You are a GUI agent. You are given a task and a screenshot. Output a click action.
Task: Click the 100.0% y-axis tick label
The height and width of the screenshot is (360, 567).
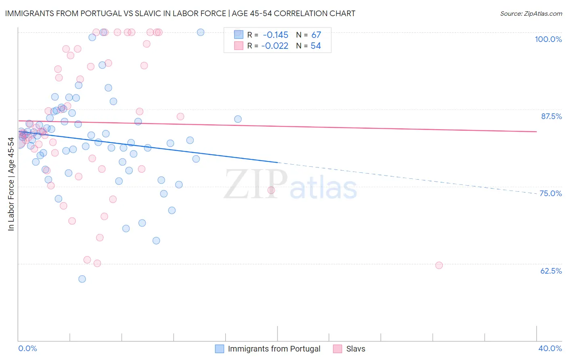pyautogui.click(x=548, y=39)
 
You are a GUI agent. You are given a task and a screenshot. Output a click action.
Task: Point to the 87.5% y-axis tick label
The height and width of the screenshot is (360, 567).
pyautogui.click(x=551, y=116)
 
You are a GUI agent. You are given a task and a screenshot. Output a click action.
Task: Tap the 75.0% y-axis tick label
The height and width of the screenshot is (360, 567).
pyautogui.click(x=550, y=193)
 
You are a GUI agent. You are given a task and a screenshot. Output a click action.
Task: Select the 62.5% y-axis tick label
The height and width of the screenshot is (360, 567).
pyautogui.click(x=551, y=271)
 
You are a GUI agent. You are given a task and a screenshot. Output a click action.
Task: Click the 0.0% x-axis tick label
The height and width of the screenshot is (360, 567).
pyautogui.click(x=27, y=348)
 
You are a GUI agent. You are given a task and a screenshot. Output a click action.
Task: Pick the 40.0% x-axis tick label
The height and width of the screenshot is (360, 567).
pyautogui.click(x=550, y=348)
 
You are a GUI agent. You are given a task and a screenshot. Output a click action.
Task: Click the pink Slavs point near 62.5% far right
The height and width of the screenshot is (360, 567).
pyautogui.click(x=439, y=265)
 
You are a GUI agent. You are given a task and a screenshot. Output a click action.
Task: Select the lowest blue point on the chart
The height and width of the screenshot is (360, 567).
pyautogui.click(x=82, y=279)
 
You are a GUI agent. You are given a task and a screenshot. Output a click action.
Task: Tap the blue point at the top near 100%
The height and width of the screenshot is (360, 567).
pyautogui.click(x=200, y=32)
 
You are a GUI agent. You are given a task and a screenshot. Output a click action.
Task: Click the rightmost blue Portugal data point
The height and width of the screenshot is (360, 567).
pyautogui.click(x=238, y=119)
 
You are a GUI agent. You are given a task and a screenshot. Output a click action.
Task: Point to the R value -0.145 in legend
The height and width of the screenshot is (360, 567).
pyautogui.click(x=275, y=35)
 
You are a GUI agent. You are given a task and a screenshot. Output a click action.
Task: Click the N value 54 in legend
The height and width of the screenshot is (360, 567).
pyautogui.click(x=316, y=46)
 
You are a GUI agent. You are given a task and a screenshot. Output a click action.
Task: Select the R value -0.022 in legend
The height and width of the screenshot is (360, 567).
pyautogui.click(x=275, y=46)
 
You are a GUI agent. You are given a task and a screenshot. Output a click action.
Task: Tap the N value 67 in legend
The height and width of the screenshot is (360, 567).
pyautogui.click(x=316, y=35)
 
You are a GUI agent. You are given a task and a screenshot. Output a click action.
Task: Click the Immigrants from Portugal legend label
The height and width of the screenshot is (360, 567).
pyautogui.click(x=274, y=349)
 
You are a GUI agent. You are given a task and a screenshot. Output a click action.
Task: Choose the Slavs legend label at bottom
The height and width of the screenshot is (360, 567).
pyautogui.click(x=355, y=349)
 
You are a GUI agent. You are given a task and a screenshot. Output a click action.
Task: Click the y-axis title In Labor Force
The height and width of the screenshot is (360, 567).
pyautogui.click(x=11, y=184)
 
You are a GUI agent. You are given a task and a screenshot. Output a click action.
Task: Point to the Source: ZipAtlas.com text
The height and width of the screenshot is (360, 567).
pyautogui.click(x=531, y=14)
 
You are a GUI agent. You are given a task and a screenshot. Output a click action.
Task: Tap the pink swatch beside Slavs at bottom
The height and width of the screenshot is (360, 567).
pyautogui.click(x=338, y=349)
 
